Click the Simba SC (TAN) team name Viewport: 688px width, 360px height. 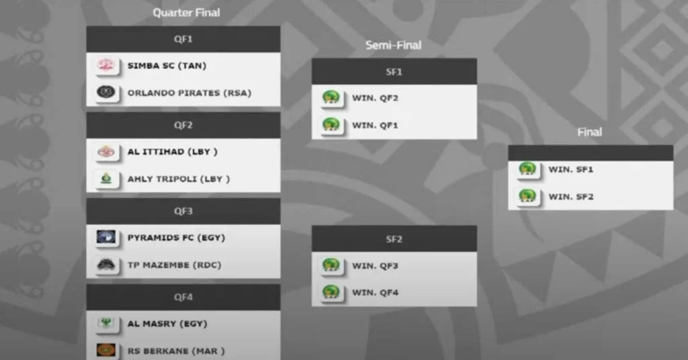167,66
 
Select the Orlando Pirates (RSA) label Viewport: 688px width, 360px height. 189,93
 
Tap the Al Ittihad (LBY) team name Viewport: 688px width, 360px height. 172,152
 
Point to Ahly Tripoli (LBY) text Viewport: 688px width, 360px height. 178,179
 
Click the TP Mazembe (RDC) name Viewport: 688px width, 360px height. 174,265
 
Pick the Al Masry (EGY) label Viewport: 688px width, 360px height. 167,324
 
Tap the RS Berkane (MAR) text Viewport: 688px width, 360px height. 176,351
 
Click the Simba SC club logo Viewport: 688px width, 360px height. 105,66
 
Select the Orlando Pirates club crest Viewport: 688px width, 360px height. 105,92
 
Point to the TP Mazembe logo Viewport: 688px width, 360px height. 105,265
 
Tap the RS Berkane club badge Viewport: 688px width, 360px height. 105,350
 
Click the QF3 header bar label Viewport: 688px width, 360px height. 183,211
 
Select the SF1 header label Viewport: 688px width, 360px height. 394,72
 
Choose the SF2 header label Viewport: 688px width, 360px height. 394,239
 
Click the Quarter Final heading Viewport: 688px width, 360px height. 186,13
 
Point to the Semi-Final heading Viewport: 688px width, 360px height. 394,46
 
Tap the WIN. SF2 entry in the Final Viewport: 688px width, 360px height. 571,197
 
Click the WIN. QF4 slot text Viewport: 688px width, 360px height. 375,293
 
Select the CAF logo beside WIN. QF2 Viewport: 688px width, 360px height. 330,98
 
